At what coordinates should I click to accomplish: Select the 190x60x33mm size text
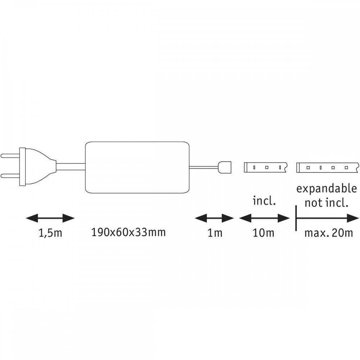pos(129,232)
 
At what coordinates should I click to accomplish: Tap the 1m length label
pos(215,233)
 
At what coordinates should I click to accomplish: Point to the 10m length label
pos(264,233)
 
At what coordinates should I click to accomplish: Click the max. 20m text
pos(329,233)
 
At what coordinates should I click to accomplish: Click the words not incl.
pos(327,203)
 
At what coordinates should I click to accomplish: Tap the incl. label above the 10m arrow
pos(264,201)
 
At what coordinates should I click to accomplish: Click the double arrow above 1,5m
pos(50,218)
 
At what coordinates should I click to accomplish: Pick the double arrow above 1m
pos(215,218)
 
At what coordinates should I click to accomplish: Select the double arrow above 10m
pos(265,218)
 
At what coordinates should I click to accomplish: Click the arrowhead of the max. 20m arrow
pos(353,218)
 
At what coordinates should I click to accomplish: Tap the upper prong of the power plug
pos(10,156)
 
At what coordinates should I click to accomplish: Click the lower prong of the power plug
pos(10,176)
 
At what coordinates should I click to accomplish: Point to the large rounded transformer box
pos(137,167)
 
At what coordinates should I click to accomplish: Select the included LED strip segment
pos(265,167)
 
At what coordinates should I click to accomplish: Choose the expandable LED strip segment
pos(328,167)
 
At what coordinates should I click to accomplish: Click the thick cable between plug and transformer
pos(71,167)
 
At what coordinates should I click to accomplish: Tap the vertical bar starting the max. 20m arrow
pos(296,218)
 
